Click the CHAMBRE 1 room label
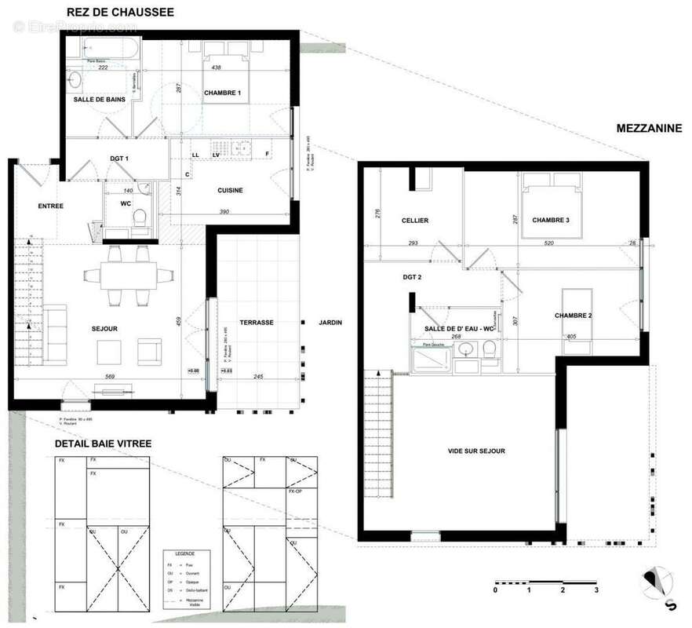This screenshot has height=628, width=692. point(222,93)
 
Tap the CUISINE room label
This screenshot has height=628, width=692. point(231,190)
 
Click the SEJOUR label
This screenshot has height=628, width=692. point(104,328)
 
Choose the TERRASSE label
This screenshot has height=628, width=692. point(257,322)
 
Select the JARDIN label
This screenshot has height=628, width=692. point(330,322)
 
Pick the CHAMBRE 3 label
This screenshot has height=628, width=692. point(550,221)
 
